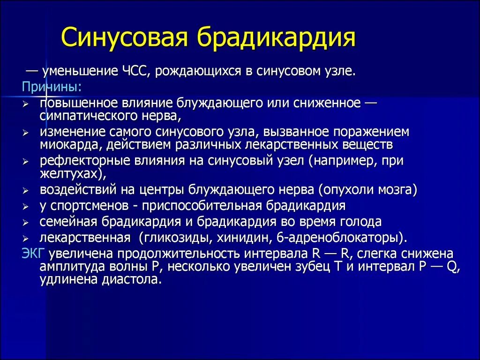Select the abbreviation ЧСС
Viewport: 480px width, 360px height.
click(135, 72)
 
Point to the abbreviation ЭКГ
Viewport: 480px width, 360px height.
click(33, 254)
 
